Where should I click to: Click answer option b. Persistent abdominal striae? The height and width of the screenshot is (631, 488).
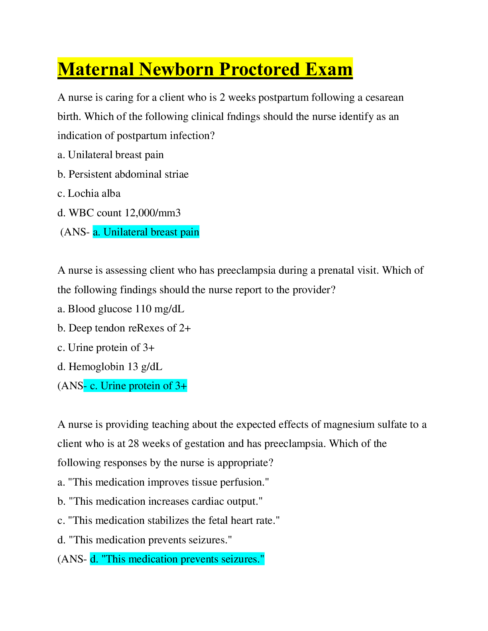[x=123, y=174]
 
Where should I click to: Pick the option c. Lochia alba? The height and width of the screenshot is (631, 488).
[x=89, y=193]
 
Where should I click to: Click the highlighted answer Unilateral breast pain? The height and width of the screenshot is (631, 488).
[x=146, y=232]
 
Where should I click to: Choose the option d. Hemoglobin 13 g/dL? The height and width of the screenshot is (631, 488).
[x=110, y=367]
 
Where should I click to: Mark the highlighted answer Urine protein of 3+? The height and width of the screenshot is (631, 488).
[x=138, y=386]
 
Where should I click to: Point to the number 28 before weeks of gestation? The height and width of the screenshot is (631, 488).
[x=134, y=444]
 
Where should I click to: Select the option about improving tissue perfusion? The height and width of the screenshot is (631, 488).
[x=163, y=482]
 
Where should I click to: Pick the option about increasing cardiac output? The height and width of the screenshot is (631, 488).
[x=160, y=502]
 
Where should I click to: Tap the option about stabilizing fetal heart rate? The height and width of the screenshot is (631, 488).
[x=169, y=521]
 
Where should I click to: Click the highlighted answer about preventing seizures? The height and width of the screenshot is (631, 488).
[x=177, y=559]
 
